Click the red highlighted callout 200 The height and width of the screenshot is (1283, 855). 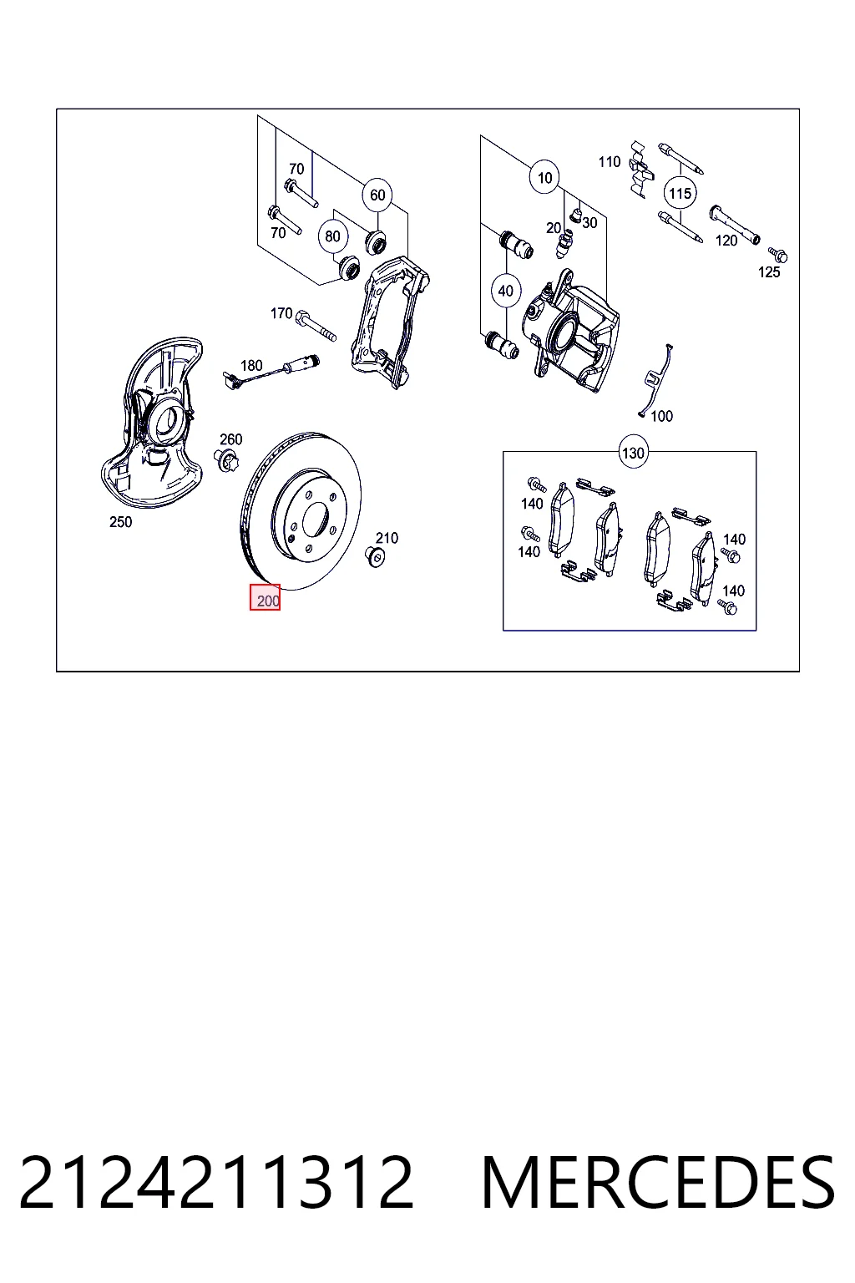click(x=265, y=597)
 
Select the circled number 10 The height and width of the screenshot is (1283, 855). click(x=544, y=178)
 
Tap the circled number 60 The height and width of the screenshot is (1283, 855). click(x=377, y=195)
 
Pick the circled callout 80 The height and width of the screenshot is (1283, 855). click(x=332, y=236)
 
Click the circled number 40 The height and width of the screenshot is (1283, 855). click(x=506, y=291)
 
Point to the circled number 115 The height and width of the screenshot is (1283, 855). click(x=680, y=193)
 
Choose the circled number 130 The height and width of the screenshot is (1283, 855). click(x=633, y=453)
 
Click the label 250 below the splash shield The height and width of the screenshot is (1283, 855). click(x=121, y=522)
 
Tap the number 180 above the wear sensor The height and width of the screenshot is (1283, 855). click(x=251, y=365)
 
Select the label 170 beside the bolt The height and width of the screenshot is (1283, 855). click(x=281, y=313)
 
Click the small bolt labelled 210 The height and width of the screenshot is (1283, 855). click(x=375, y=556)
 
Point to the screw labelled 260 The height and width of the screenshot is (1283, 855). click(x=227, y=460)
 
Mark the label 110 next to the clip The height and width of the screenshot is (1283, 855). click(x=610, y=162)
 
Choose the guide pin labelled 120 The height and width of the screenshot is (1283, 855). click(x=735, y=224)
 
